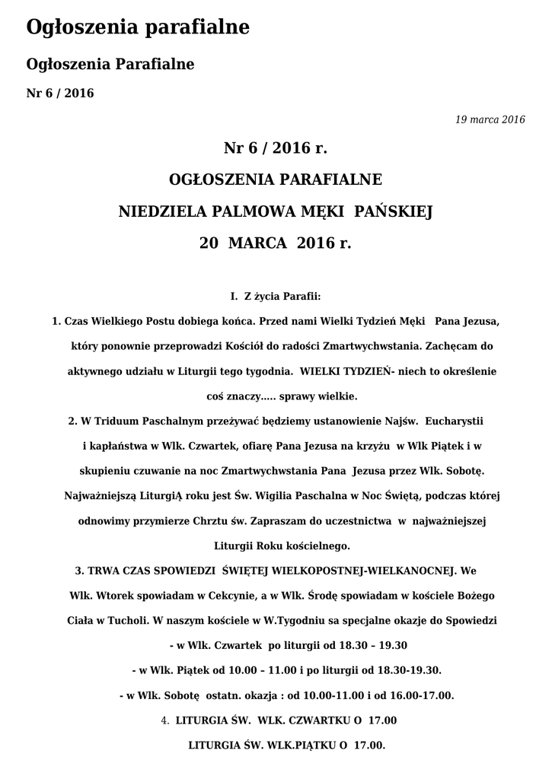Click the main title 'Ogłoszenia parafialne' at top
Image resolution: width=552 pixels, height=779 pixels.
138,29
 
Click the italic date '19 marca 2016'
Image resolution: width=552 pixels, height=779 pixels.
490,119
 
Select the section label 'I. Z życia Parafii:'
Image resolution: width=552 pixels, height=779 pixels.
276,295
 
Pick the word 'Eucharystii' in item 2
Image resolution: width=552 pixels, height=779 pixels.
456,420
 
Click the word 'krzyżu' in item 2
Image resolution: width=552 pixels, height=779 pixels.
372,445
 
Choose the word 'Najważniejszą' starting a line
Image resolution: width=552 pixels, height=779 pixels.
97,495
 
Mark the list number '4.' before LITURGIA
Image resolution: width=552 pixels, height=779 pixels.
165,720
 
